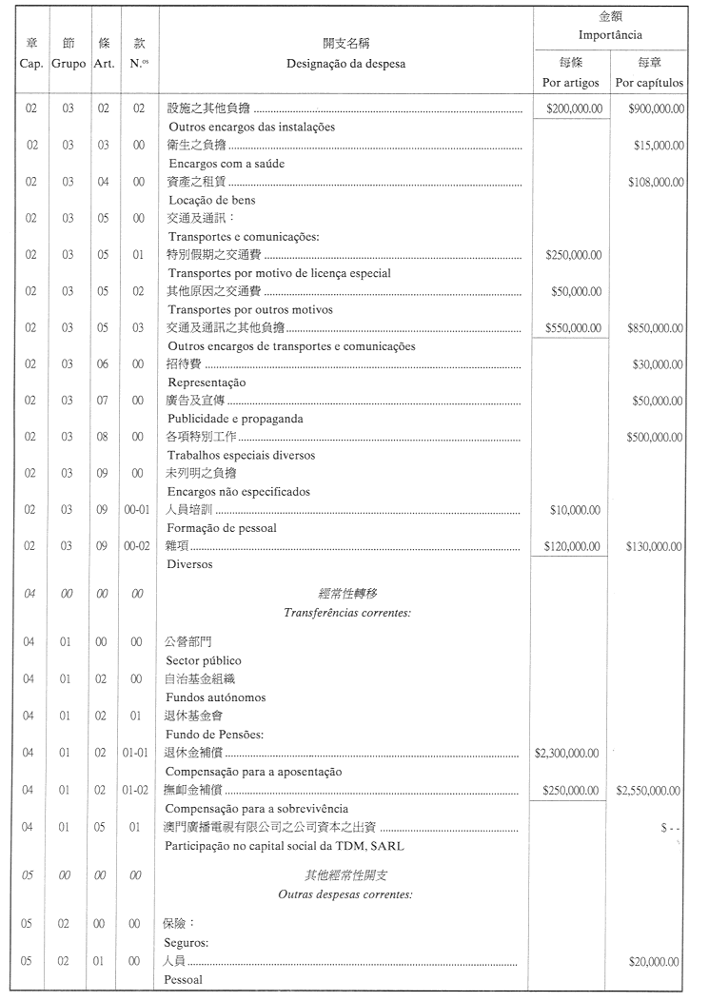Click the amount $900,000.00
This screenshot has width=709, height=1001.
[657, 108]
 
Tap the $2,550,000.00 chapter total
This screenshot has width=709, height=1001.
[650, 790]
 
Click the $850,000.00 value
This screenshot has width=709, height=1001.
[657, 328]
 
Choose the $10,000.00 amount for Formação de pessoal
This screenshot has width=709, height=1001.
[575, 511]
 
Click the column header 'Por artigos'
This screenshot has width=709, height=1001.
[571, 83]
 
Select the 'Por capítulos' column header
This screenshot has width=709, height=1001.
[650, 83]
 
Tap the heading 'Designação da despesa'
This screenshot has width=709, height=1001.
[345, 64]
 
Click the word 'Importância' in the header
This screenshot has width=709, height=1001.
[611, 35]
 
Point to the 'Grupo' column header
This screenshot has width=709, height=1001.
[68, 64]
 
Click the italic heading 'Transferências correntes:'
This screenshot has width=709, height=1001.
[346, 613]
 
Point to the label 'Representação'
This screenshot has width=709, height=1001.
[207, 383]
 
